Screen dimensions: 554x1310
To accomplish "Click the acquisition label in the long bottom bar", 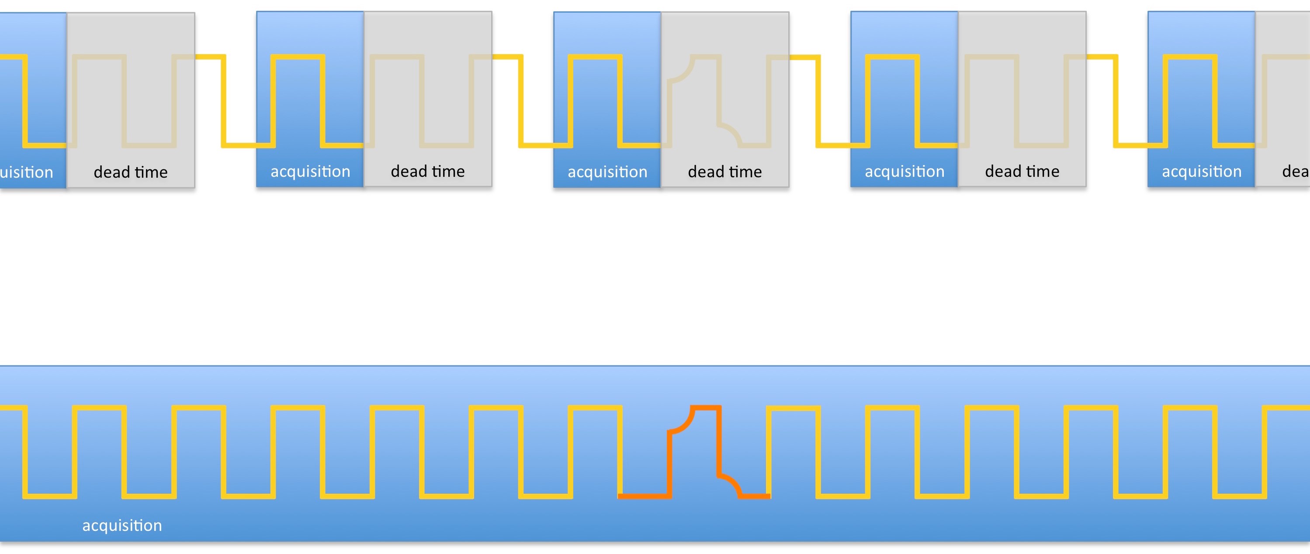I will pos(122,525).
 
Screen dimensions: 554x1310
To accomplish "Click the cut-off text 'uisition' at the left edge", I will pos(27,172).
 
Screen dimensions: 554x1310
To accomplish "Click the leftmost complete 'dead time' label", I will pos(131,172).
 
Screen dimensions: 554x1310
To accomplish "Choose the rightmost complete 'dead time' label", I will pos(1022,171).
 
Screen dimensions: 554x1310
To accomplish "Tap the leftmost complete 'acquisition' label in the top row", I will pos(310,171).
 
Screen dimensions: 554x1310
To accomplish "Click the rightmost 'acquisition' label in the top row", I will pos(1202,171).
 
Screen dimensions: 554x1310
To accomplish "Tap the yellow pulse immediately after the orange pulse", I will pos(794,408).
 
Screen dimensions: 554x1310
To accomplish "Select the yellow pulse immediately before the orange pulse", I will pos(595,408).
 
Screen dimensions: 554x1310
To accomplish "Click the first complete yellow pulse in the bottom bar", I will pos(99,408).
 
